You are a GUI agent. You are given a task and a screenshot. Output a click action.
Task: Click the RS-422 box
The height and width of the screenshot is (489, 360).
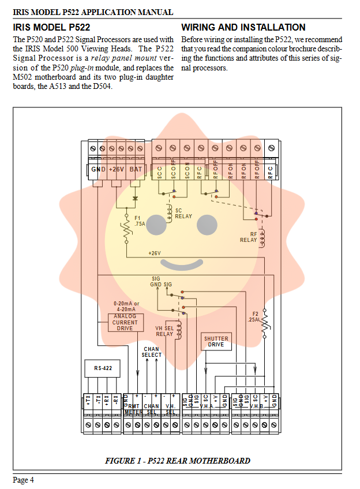click(103, 367)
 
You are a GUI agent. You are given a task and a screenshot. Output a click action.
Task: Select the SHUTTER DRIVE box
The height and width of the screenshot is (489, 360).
click(216, 342)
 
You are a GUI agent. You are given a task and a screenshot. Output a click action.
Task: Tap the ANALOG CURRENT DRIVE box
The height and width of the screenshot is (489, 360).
click(125, 322)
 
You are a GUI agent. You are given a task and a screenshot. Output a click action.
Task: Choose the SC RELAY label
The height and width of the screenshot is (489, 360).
click(183, 213)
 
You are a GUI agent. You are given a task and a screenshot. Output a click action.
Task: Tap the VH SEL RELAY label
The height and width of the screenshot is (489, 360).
click(164, 331)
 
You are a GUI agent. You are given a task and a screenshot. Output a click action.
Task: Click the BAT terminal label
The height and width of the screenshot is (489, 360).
click(136, 169)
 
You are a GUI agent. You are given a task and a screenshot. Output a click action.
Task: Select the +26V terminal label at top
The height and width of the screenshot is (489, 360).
click(117, 169)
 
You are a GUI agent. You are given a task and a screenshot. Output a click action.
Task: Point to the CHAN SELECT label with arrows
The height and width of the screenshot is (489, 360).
click(152, 352)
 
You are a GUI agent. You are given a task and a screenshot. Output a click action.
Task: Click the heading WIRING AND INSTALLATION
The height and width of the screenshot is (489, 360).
click(243, 27)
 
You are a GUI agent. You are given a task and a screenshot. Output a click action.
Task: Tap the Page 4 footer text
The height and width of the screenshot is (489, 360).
click(24, 480)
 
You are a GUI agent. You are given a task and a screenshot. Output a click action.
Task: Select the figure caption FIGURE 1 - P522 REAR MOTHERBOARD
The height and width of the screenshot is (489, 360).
click(178, 461)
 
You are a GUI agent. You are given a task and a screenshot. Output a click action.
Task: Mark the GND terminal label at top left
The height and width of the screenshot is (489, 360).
click(99, 169)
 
